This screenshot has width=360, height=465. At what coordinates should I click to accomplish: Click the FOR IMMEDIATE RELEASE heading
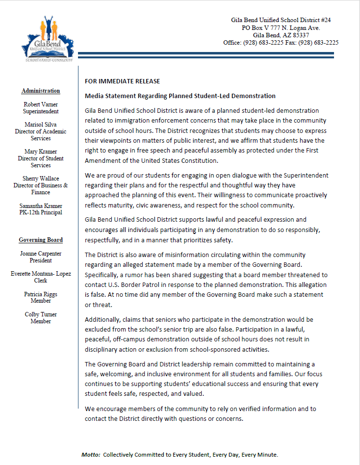tap(122, 81)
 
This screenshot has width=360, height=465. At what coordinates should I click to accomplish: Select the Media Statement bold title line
tap(180, 96)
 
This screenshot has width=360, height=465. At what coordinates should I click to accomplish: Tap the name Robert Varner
tap(41, 104)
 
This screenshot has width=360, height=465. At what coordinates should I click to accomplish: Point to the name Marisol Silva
tap(41, 125)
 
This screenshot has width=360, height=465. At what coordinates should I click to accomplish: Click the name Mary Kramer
tap(41, 152)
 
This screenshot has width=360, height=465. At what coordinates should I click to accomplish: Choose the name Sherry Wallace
tap(41, 179)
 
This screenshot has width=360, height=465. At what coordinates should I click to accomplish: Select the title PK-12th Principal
tap(41, 212)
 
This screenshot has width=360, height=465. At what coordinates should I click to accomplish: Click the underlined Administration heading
tap(41, 91)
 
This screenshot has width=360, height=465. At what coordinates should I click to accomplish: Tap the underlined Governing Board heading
tap(41, 240)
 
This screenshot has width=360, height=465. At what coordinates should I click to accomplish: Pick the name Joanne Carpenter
tap(41, 254)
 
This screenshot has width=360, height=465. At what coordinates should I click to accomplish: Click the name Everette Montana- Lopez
tap(41, 274)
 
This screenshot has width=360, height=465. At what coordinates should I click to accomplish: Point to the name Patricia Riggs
tap(41, 294)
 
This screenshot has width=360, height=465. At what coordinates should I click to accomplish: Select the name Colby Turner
tap(41, 314)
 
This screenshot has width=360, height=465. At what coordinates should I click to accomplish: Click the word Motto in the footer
tap(91, 455)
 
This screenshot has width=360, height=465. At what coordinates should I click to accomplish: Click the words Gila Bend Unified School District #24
tap(281, 20)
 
